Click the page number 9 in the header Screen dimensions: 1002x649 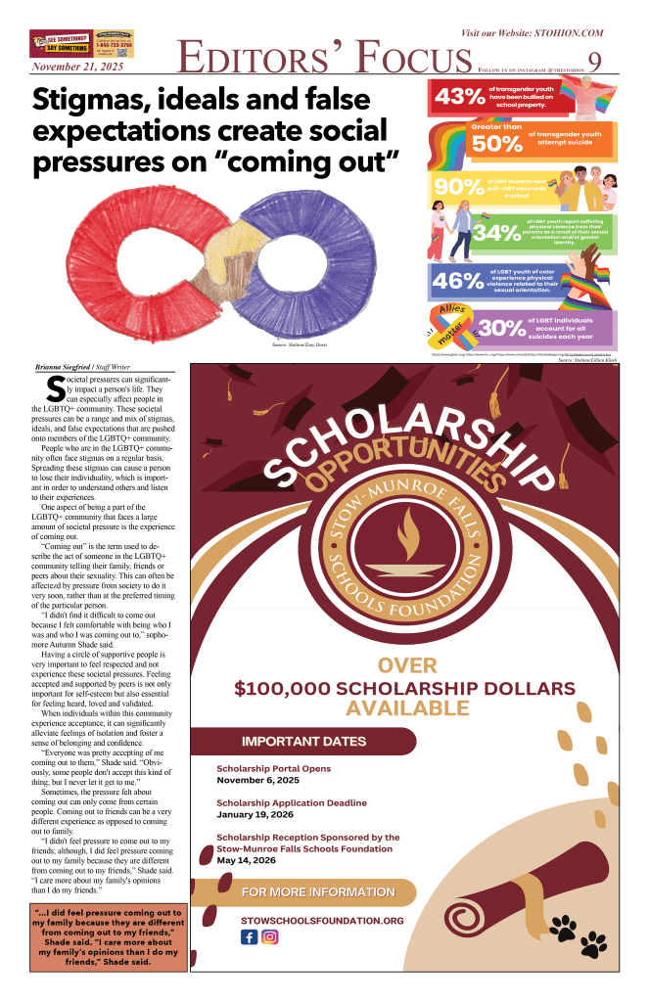(x=594, y=61)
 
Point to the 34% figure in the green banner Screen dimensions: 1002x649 (x=497, y=233)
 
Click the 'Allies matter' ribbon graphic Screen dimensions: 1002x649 (x=454, y=326)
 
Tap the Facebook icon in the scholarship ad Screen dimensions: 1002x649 (x=249, y=936)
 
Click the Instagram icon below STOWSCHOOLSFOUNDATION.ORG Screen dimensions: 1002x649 (x=270, y=936)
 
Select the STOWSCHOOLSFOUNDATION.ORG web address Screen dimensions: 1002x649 (x=322, y=920)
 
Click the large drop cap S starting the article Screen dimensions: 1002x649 (x=56, y=388)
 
